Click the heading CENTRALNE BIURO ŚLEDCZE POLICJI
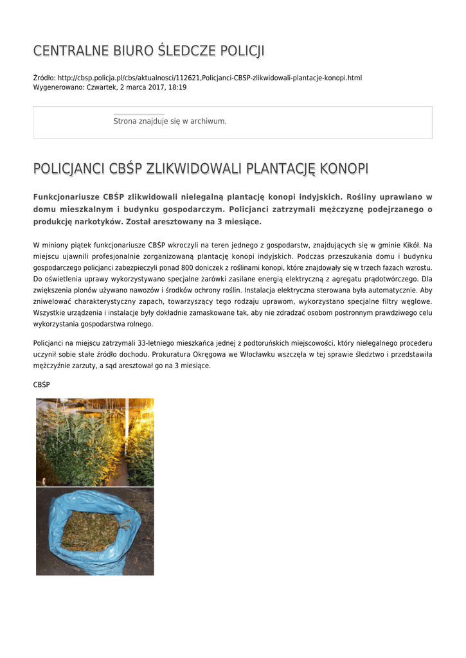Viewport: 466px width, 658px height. coord(148,51)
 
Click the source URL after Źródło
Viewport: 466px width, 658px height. coord(210,78)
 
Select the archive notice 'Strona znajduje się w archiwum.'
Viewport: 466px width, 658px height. coord(170,121)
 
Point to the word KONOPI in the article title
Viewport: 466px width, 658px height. coord(345,169)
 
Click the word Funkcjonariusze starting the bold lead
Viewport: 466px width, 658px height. coord(66,197)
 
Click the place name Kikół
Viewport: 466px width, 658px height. coord(409,245)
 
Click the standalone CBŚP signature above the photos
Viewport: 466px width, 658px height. coord(41,384)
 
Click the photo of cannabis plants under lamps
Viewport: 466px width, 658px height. coord(94,442)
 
